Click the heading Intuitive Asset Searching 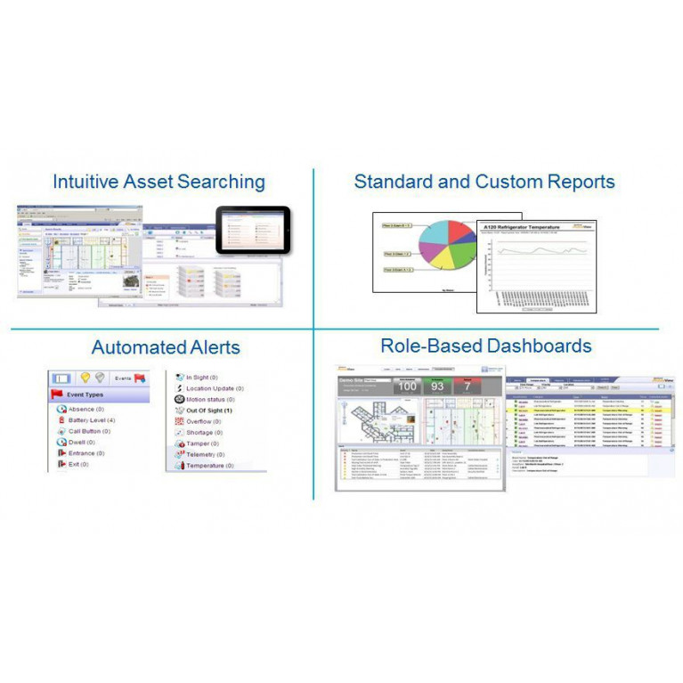coord(159,182)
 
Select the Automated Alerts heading coord(165,347)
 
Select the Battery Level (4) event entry coord(92,419)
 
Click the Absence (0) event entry coord(86,409)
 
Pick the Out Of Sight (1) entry coord(209,411)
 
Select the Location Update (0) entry coord(215,388)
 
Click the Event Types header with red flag coord(85,393)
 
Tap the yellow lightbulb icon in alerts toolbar coord(85,378)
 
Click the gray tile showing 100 coord(407,386)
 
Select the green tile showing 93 coord(437,386)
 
